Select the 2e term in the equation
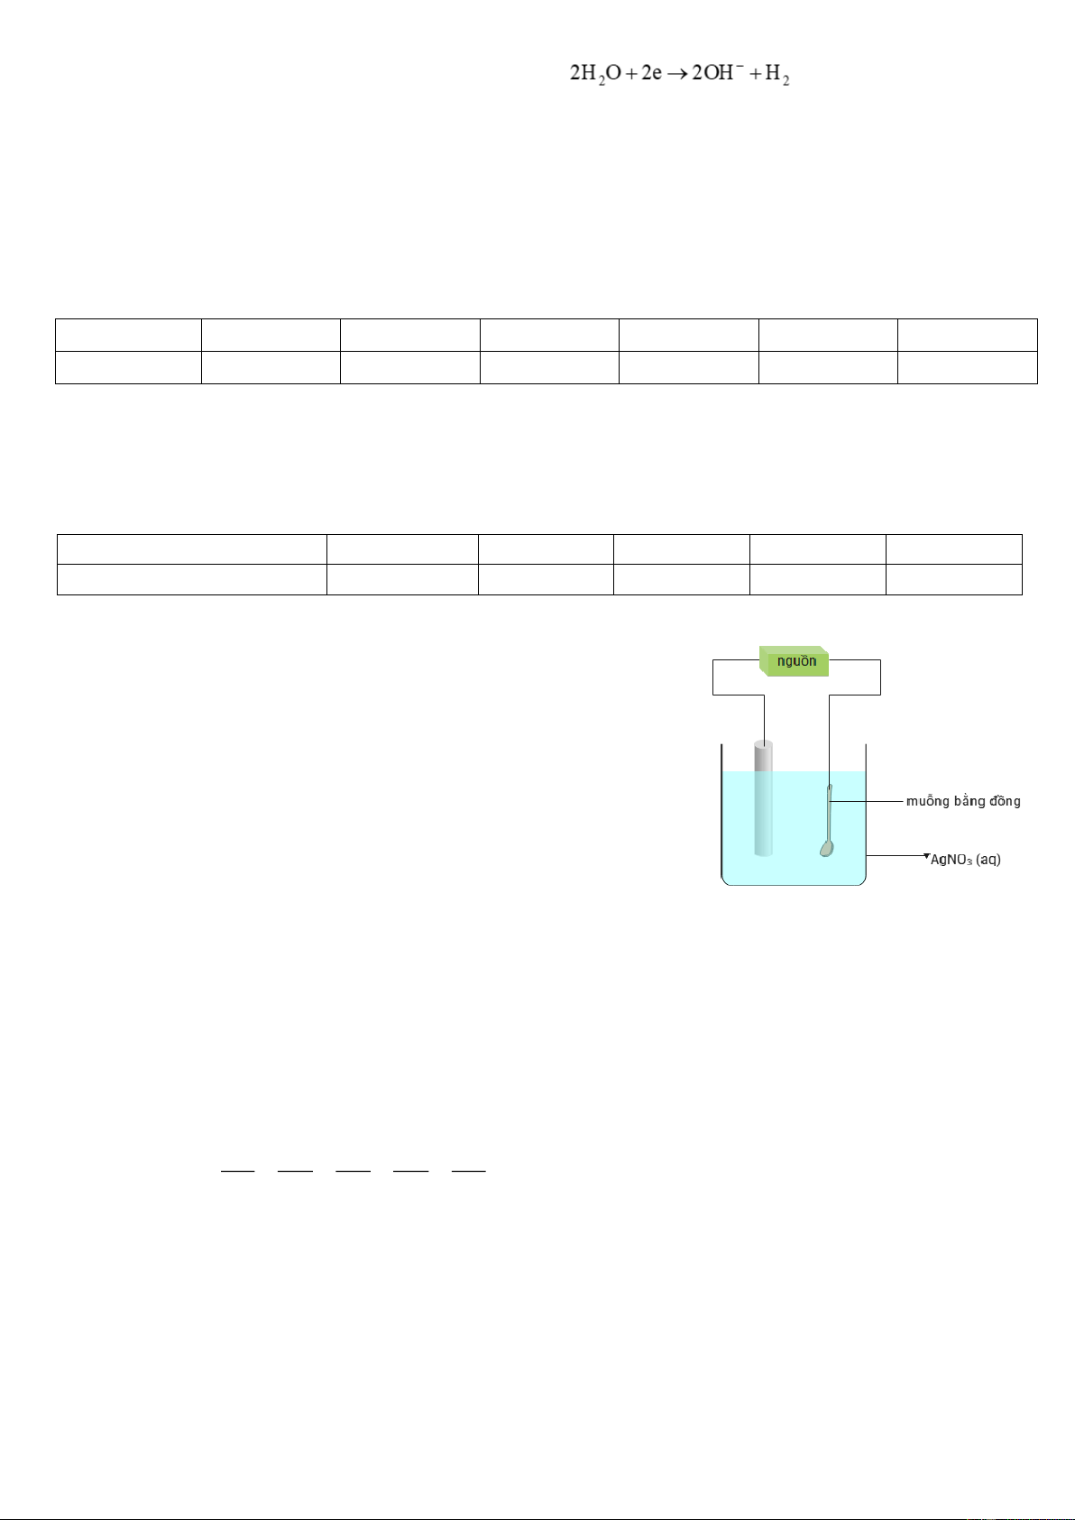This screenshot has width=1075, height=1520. (651, 72)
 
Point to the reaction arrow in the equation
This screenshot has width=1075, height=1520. (677, 74)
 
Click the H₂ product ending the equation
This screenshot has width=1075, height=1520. (777, 74)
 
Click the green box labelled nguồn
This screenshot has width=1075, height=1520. (794, 661)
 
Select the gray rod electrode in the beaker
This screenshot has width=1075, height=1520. (763, 798)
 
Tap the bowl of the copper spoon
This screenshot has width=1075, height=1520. (826, 848)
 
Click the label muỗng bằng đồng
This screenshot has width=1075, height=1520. (963, 801)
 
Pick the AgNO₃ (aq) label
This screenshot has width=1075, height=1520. (965, 860)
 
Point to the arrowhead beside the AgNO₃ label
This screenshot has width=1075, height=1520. (926, 856)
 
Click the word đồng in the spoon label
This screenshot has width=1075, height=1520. (1005, 801)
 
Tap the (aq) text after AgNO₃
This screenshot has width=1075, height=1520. (988, 860)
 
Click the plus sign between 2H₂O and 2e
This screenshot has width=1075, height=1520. (630, 73)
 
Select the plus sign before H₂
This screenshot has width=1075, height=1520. (755, 73)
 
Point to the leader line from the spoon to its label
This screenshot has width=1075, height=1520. (868, 801)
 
